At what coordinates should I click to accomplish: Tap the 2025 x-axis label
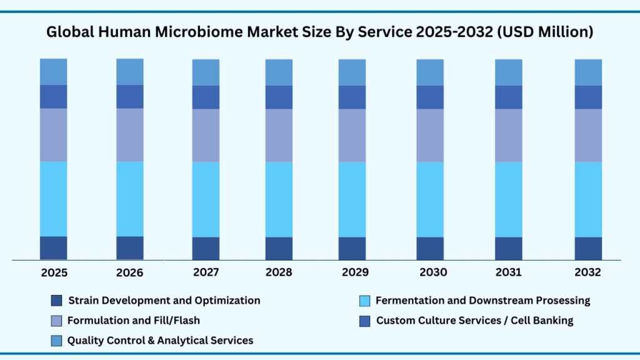(54, 272)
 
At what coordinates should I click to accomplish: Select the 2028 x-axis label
(279, 272)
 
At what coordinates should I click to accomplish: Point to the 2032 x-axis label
(587, 272)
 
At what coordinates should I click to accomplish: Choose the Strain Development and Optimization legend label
(164, 301)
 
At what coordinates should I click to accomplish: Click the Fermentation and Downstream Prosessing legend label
(482, 301)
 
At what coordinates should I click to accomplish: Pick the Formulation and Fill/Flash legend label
(133, 321)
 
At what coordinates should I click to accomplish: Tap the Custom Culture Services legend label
(474, 321)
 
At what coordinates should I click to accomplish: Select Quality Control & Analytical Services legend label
(160, 341)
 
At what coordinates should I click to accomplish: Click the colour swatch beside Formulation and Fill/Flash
(56, 321)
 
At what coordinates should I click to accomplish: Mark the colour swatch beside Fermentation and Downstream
(364, 301)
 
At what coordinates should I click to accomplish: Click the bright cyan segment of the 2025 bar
(54, 199)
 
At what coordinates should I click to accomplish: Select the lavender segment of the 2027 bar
(206, 136)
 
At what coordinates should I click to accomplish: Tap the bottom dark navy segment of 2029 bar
(352, 248)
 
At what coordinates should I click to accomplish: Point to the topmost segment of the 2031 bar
(509, 72)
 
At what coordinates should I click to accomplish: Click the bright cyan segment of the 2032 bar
(588, 199)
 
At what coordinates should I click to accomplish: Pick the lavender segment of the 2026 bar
(130, 135)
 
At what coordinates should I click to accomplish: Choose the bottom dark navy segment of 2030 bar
(430, 248)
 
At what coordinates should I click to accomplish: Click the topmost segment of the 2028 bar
(279, 72)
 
